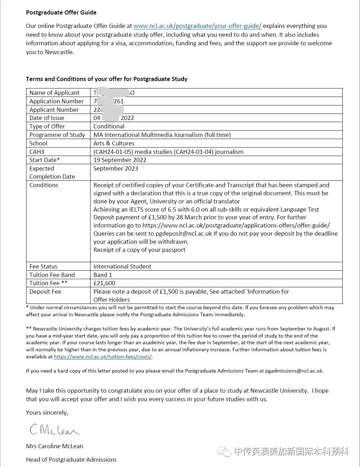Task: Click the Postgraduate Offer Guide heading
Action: [x=61, y=12]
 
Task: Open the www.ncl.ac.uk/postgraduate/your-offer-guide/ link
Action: [x=197, y=26]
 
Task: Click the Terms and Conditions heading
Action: [x=106, y=79]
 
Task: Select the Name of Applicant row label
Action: [x=54, y=93]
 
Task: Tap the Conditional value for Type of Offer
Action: [x=109, y=126]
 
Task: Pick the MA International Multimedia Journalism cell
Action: [x=162, y=135]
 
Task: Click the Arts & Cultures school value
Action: [x=114, y=143]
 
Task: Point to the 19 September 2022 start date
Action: [x=120, y=160]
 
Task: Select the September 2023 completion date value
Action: [x=116, y=168]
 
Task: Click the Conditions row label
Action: [x=44, y=185]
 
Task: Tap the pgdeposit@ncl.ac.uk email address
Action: [x=184, y=233]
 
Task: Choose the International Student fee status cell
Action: [x=122, y=266]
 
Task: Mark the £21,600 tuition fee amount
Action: [x=104, y=283]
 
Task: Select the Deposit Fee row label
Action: [x=45, y=292]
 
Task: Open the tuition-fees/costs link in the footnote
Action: [x=103, y=357]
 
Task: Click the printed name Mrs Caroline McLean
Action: [x=54, y=446]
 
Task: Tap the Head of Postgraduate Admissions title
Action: [x=71, y=460]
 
